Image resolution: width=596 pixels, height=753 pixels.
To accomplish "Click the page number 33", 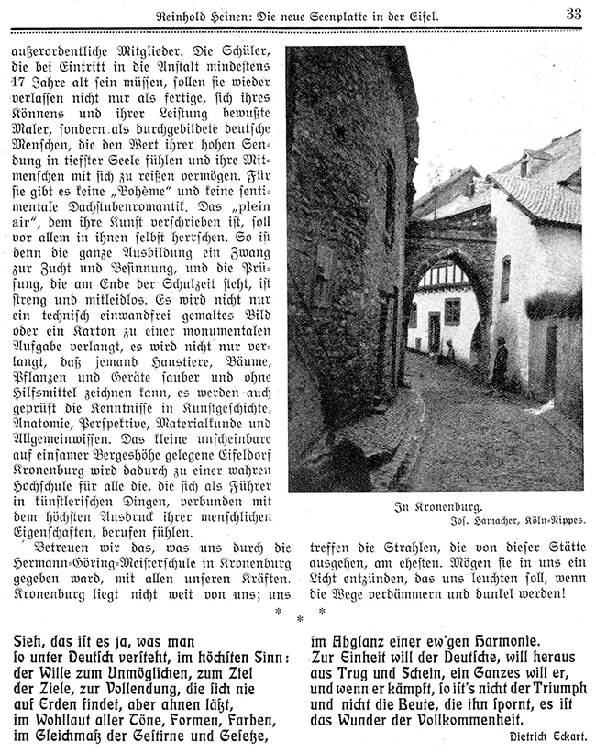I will pyautogui.click(x=573, y=13).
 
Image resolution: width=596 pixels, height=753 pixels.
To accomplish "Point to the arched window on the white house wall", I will pyautogui.click(x=505, y=279).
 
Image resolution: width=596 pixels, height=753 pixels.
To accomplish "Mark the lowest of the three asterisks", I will pyautogui.click(x=300, y=619).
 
